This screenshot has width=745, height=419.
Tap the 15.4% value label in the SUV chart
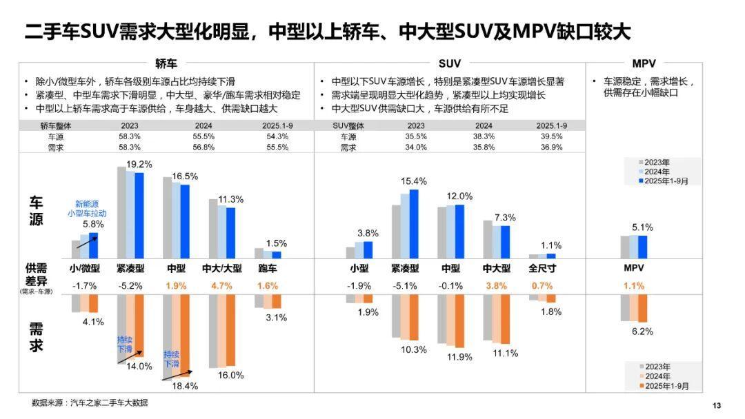[x=414, y=181]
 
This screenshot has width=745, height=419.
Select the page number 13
[x=716, y=405]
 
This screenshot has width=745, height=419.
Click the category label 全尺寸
[x=543, y=269]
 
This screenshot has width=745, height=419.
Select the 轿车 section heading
[x=166, y=63]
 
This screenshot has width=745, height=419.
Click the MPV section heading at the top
[x=644, y=63]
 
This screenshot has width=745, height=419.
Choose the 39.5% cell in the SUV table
[x=552, y=136]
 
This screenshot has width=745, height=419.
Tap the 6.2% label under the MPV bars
[x=642, y=331]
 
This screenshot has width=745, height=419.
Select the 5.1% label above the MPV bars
[x=642, y=227]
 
